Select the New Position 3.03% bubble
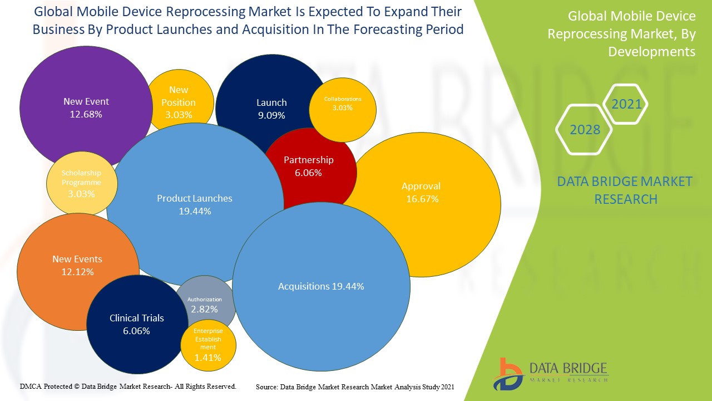point(179,102)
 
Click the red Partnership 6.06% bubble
point(309,166)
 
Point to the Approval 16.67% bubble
point(421,192)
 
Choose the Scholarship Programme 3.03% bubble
point(81,183)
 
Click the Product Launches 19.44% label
point(195,204)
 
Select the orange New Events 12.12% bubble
point(77,265)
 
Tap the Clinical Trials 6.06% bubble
point(137,324)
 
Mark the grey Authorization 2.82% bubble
point(205,305)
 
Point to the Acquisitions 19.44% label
point(321,286)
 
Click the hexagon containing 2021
point(626,104)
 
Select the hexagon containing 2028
point(585,130)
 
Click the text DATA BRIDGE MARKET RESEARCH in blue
point(625,190)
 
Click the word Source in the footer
point(266,387)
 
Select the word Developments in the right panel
point(651,52)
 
